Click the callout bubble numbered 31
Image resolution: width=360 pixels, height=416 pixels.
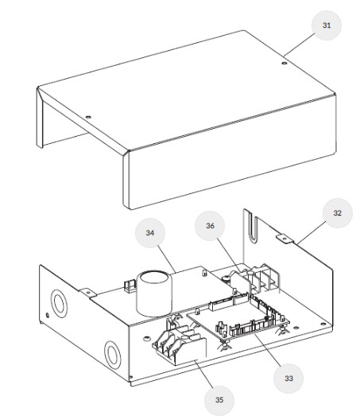click(x=327, y=25)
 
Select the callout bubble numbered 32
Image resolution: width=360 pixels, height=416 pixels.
click(x=338, y=213)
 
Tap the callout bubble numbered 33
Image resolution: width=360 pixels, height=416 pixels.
click(x=288, y=379)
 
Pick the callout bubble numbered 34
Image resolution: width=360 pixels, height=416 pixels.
click(x=150, y=233)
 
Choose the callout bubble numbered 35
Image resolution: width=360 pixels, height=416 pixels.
click(x=219, y=400)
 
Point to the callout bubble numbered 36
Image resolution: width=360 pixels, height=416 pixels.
click(x=210, y=226)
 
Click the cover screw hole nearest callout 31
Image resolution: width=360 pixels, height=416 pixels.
click(x=285, y=63)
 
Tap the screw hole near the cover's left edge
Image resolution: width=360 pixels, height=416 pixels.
click(x=88, y=117)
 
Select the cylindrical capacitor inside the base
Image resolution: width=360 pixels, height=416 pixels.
click(x=154, y=294)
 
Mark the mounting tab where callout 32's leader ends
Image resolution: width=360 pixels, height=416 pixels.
click(x=285, y=239)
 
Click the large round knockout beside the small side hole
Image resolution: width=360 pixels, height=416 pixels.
click(x=59, y=303)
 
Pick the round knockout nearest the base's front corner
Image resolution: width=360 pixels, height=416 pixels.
click(x=113, y=355)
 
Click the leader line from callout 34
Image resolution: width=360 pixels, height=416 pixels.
click(x=167, y=259)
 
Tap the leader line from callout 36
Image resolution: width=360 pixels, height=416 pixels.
click(x=230, y=255)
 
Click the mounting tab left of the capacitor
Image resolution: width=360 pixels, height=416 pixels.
click(x=88, y=293)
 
